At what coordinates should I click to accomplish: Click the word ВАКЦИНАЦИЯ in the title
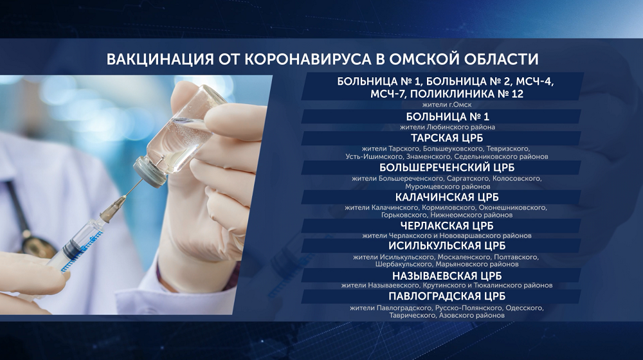pos(160,59)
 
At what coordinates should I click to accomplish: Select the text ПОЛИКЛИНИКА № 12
pos(467,94)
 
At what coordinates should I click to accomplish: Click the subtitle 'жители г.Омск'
pos(447,105)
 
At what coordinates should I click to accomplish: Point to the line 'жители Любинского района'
pos(448,127)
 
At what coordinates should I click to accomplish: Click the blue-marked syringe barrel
pos(82,246)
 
